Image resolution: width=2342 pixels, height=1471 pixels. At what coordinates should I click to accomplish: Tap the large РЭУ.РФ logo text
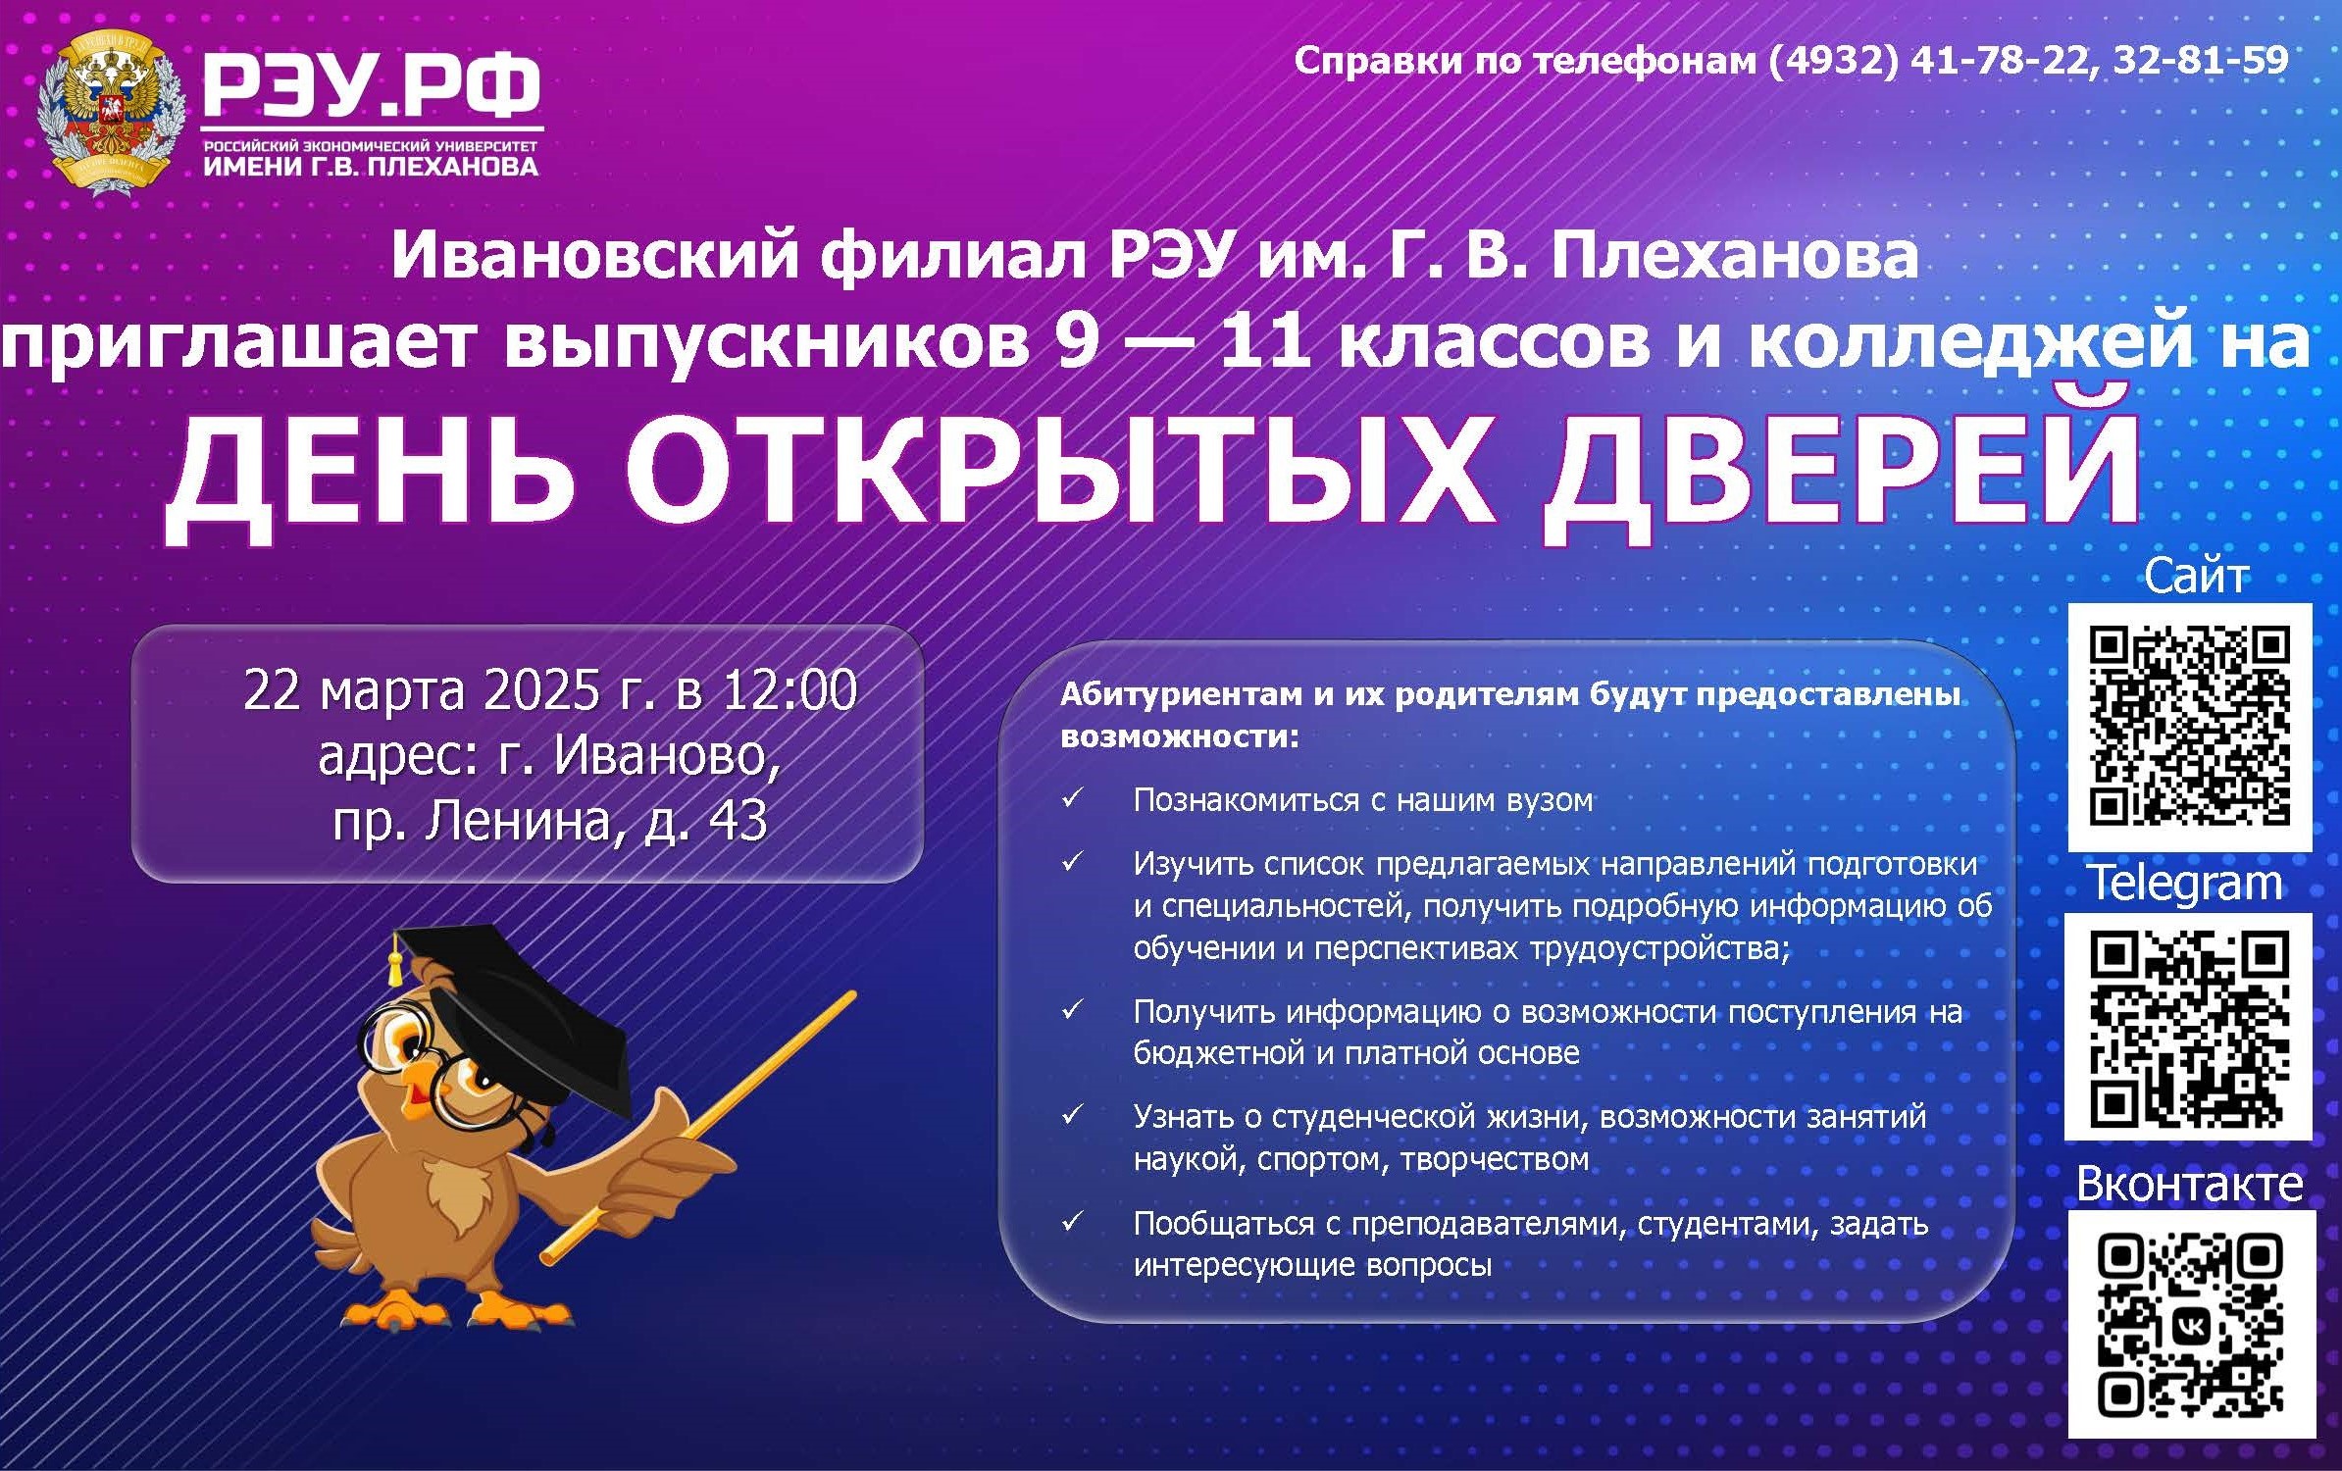coord(371,86)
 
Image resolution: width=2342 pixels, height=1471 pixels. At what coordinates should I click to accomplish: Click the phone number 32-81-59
coord(2201,61)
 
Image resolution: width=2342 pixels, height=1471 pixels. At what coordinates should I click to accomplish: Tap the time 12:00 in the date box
coord(790,689)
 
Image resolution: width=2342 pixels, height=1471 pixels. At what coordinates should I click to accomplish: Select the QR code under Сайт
coord(2189,727)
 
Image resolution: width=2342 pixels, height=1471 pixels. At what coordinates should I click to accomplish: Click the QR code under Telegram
coord(2188,1028)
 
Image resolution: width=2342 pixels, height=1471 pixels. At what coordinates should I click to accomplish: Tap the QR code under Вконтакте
coord(2192,1325)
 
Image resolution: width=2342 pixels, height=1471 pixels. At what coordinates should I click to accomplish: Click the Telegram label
coord(2186,884)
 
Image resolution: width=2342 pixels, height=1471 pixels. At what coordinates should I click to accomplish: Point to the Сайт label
coord(2196,576)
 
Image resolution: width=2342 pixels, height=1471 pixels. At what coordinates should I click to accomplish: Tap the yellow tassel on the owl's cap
coord(395,961)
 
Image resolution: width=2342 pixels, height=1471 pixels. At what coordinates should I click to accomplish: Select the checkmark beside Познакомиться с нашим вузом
coord(1072,798)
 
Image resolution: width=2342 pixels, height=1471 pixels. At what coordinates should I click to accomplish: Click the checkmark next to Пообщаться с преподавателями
coord(1072,1222)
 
